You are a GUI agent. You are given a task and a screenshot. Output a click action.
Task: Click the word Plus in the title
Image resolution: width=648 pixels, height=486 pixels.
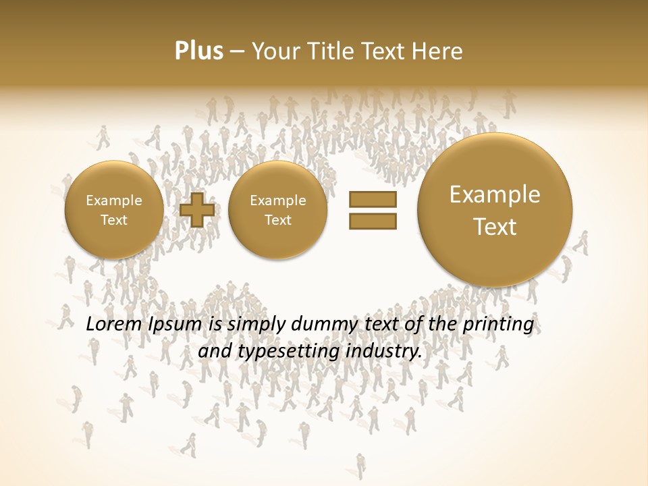198,51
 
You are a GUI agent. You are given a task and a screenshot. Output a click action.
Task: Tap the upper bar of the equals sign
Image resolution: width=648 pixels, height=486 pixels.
372,200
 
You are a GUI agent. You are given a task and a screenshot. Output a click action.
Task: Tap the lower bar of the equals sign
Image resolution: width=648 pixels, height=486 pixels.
372,221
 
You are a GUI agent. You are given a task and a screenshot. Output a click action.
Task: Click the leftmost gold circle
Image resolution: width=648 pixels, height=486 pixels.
113,210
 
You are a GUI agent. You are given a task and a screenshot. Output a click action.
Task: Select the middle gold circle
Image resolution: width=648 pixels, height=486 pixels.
277,210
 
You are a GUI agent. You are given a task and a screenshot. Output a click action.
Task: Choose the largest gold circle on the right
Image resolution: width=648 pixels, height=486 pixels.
495,209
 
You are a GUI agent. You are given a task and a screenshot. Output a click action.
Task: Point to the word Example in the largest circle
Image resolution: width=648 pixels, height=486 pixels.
495,194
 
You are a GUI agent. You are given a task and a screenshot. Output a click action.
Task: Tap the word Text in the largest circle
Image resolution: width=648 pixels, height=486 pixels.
495,227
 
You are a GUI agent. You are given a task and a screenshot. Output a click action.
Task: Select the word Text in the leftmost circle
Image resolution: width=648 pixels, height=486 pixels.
113,220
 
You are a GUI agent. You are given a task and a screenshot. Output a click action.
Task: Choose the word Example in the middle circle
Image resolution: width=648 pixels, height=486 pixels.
277,200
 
